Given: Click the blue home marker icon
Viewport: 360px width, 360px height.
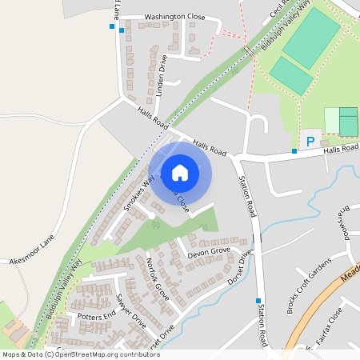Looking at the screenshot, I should [x=180, y=172].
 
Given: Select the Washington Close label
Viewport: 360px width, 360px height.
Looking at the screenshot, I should [x=174, y=17].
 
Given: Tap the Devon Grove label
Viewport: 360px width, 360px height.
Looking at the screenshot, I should [x=208, y=253].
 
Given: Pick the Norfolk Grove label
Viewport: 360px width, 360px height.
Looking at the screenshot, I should [x=153, y=274].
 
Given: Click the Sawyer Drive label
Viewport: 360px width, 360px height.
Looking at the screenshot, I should [x=130, y=311].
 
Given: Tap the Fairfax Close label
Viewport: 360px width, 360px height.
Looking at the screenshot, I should [x=330, y=324].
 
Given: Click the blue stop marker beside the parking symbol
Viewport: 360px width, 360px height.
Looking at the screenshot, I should [x=294, y=150].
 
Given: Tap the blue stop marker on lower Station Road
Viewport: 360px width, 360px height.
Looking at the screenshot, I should [x=258, y=301].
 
